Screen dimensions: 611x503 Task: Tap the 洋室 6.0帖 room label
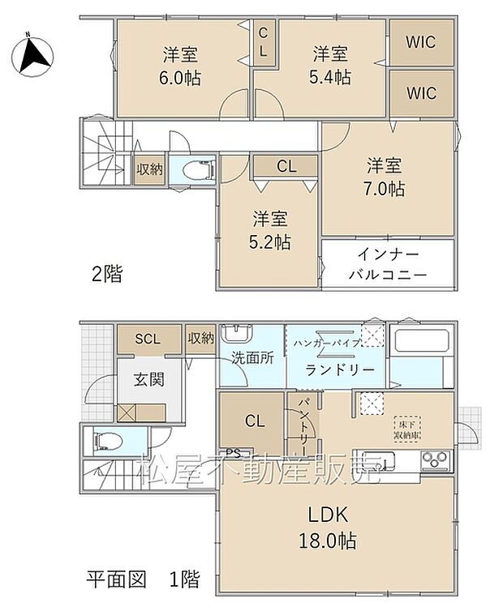[181, 66]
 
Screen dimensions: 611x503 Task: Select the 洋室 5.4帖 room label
[331, 66]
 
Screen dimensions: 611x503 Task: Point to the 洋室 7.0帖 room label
[385, 177]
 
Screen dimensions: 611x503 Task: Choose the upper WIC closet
[421, 42]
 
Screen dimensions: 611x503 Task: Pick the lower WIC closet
[421, 93]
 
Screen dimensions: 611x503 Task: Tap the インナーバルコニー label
[387, 264]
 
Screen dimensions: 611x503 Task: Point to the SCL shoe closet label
[148, 338]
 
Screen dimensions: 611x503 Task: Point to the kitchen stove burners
[436, 459]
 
